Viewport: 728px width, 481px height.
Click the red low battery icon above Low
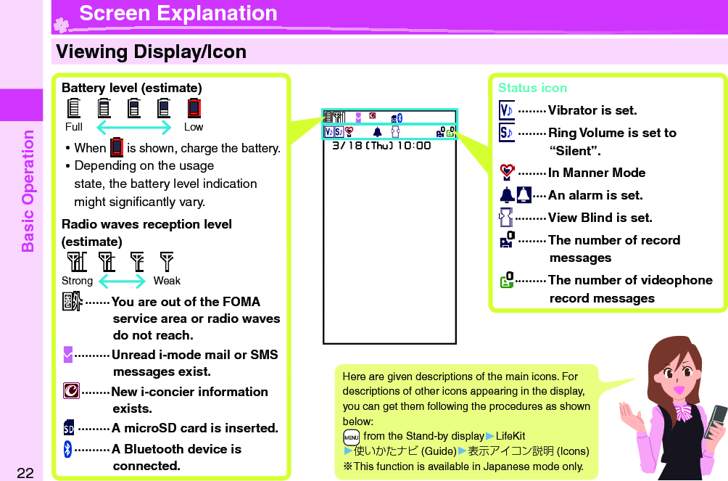coord(194,108)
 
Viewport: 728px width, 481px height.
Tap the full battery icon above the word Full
coord(73,108)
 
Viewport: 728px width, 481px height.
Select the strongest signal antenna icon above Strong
coord(75,261)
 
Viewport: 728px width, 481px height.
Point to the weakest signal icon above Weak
coord(167,261)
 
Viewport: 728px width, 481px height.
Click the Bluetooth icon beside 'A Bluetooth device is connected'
coord(68,450)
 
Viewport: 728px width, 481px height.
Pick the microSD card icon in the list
coord(68,428)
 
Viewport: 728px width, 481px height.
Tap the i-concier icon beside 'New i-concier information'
coord(71,392)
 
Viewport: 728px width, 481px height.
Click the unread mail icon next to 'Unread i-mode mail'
coord(68,355)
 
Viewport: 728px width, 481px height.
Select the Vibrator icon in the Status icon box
coord(507,110)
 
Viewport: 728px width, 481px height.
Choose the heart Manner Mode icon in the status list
coord(507,173)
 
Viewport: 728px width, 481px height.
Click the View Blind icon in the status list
coord(507,218)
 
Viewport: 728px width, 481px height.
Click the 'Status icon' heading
coord(532,88)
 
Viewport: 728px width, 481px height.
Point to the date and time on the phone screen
coord(381,145)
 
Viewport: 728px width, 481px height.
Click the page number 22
coord(25,473)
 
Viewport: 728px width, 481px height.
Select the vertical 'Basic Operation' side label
coord(28,190)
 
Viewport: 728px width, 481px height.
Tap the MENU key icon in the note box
coord(351,437)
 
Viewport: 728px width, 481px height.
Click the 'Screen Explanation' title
coord(178,13)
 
